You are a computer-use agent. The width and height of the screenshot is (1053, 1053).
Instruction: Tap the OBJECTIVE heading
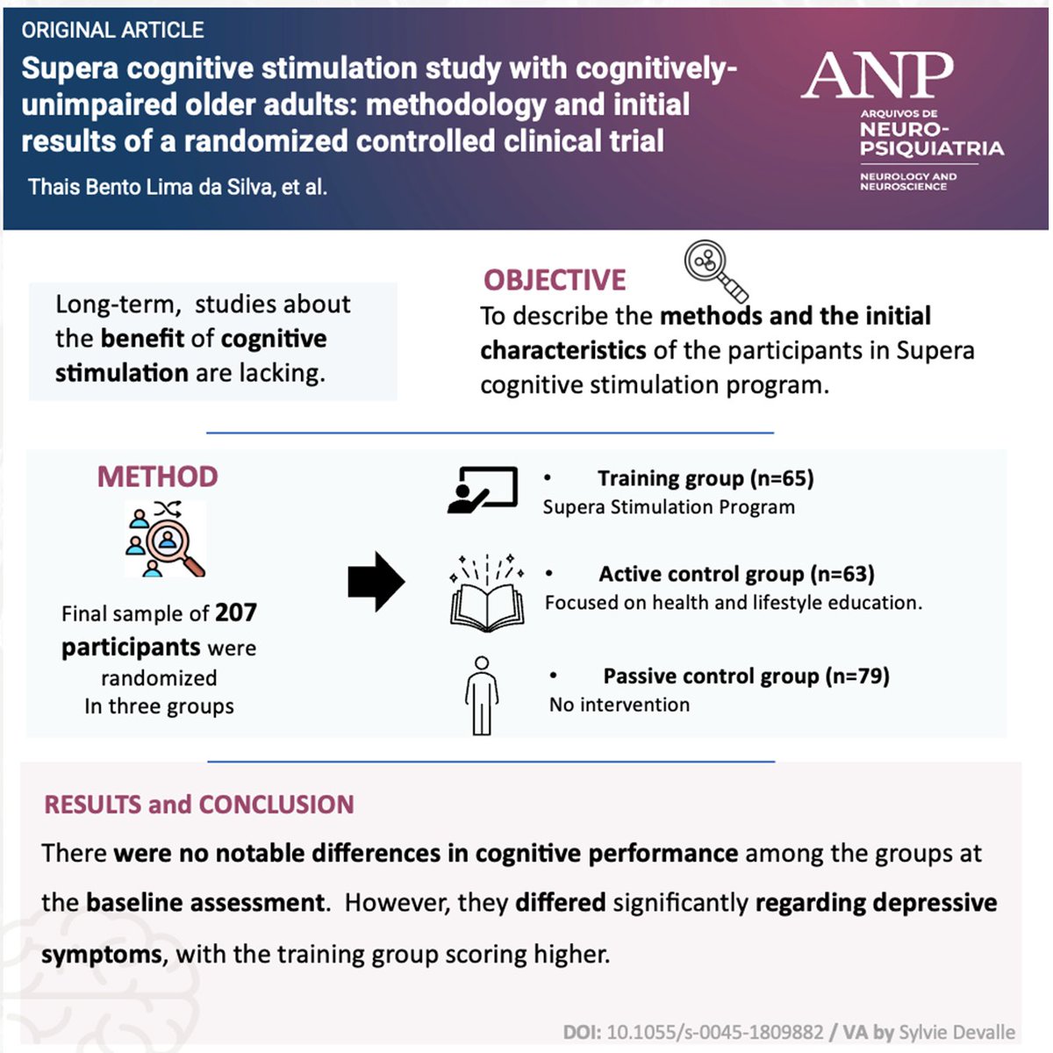(x=555, y=280)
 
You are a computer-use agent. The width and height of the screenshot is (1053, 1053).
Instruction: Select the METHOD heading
(x=157, y=476)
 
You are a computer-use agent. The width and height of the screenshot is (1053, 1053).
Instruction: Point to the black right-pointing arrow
(x=376, y=582)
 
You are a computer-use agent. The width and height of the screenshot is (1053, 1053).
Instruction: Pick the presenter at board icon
(x=482, y=489)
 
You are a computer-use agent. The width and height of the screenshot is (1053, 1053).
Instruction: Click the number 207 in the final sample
(x=236, y=612)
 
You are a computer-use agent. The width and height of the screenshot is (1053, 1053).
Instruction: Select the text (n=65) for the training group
(x=782, y=478)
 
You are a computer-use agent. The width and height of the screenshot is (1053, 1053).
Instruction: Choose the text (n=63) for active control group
(x=842, y=574)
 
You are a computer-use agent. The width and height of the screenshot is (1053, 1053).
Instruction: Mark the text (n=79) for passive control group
(x=857, y=676)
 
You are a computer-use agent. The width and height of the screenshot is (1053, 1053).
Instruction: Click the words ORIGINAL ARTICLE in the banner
(x=112, y=31)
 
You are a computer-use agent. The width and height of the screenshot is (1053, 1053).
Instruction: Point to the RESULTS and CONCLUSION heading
(x=199, y=805)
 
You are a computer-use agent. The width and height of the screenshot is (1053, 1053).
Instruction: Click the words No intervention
(x=620, y=705)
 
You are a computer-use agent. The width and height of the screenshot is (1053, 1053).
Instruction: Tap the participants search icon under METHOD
(x=164, y=539)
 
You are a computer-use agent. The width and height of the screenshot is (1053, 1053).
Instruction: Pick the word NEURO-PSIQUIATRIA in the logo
(x=930, y=139)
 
